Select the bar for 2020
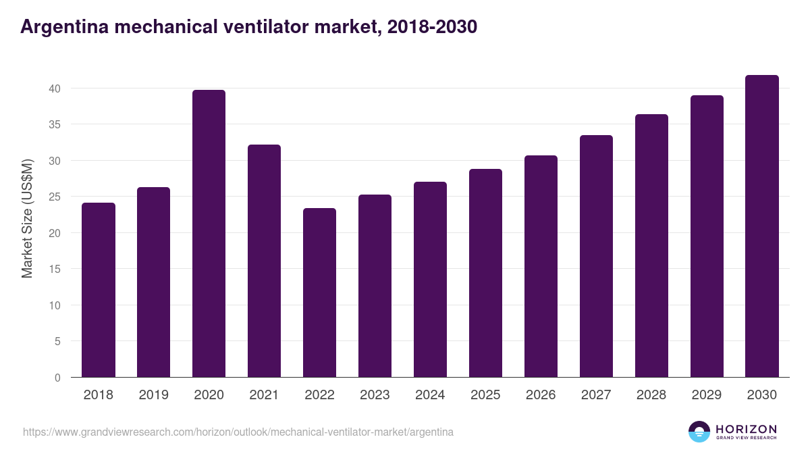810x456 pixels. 209,234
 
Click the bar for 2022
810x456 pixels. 319,293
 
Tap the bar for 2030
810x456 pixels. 762,226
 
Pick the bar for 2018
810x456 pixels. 99,290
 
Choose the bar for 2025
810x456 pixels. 485,273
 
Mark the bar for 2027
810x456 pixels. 596,256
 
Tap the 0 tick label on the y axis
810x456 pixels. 58,378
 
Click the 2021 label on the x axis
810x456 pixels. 264,395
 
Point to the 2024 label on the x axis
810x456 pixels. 430,395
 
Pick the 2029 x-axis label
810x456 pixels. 707,395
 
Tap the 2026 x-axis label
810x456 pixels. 541,395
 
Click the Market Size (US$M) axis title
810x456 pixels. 27,218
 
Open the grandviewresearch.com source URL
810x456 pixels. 238,432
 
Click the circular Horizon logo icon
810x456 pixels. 699,432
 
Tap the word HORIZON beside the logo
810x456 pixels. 746,429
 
